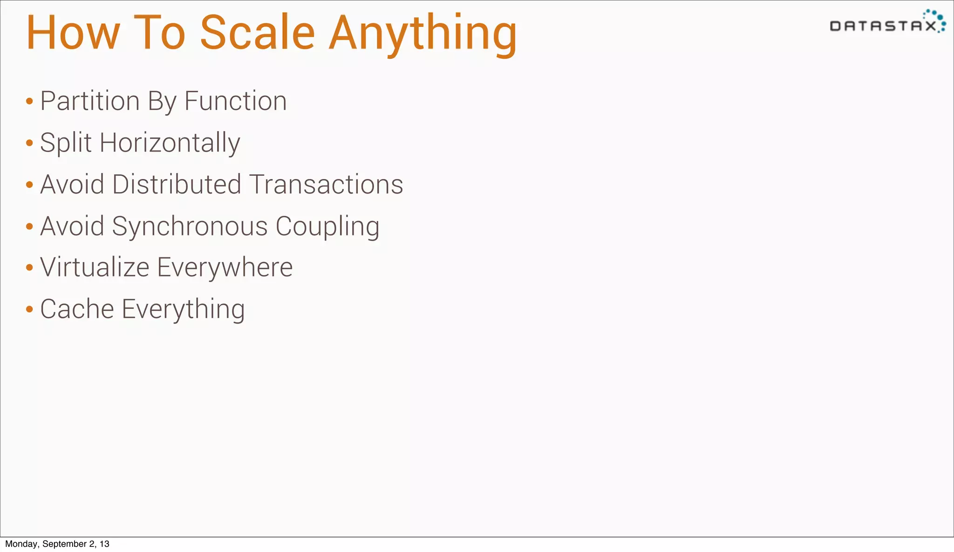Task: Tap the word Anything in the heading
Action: [x=423, y=34]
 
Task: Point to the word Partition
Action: [x=90, y=101]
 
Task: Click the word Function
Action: [x=235, y=101]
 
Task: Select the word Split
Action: [x=66, y=143]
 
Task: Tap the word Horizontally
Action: [x=170, y=143]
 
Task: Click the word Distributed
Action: [x=177, y=184]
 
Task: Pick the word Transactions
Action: [x=326, y=184]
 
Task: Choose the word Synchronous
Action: [x=190, y=227]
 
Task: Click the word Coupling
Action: [x=327, y=227]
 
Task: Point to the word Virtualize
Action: [x=95, y=268]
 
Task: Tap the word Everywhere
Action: [x=225, y=268]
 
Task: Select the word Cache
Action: [x=77, y=309]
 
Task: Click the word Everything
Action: [x=183, y=310]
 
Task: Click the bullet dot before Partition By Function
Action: [x=29, y=101]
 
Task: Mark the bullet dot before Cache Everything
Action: [x=29, y=309]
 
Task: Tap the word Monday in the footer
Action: [x=21, y=544]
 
